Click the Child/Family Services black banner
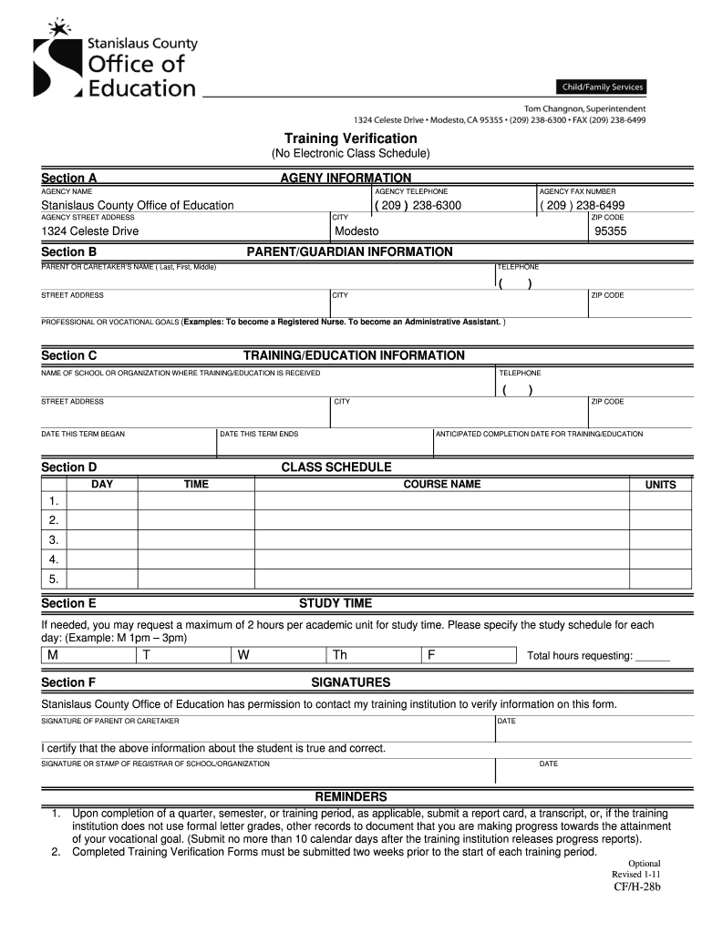click(x=601, y=87)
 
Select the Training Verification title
click(x=350, y=138)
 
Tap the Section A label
click(x=69, y=178)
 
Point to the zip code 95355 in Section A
click(x=610, y=231)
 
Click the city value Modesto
click(x=356, y=231)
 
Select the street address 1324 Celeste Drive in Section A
click(x=89, y=231)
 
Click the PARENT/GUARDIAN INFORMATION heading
click(x=349, y=251)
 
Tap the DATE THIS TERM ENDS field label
click(x=259, y=434)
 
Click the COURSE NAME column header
click(x=441, y=484)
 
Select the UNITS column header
click(x=660, y=485)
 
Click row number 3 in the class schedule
click(x=54, y=539)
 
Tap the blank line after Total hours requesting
click(x=653, y=657)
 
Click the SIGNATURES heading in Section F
click(x=350, y=682)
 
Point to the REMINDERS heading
click(x=350, y=796)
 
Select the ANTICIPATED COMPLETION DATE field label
click(x=539, y=434)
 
